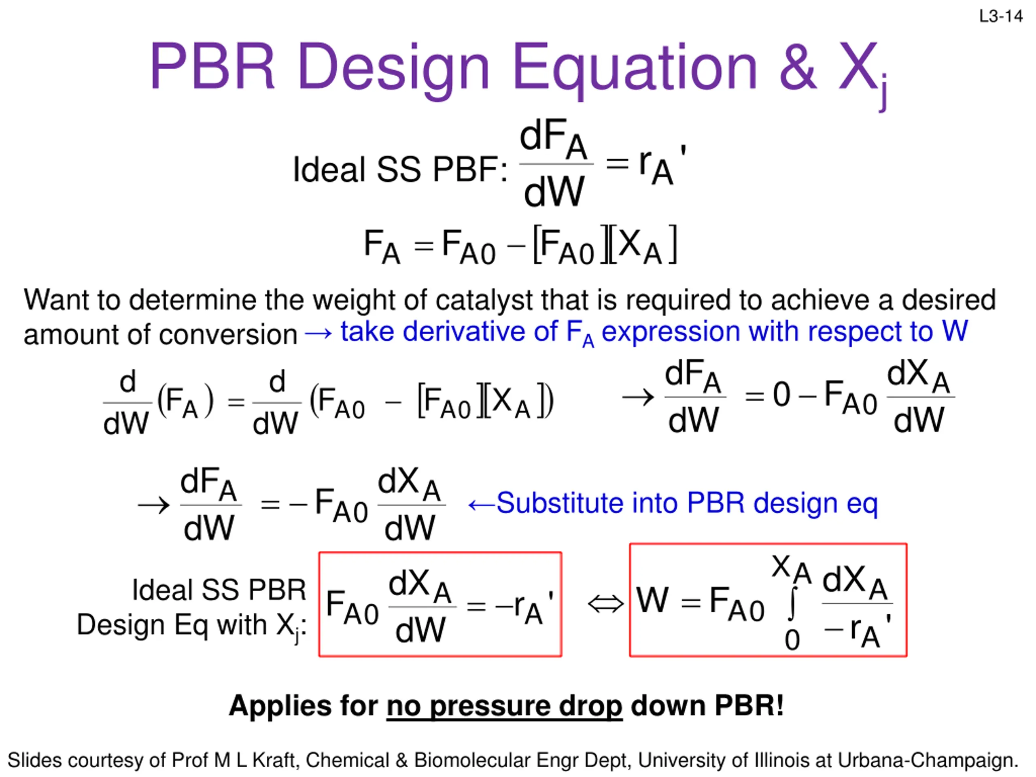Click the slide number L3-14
point(1001,17)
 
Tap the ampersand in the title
point(797,66)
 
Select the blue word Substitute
point(560,503)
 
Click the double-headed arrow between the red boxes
point(605,604)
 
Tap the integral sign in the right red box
point(792,603)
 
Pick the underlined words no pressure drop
point(504,706)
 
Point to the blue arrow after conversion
point(318,333)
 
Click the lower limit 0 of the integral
point(792,640)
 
